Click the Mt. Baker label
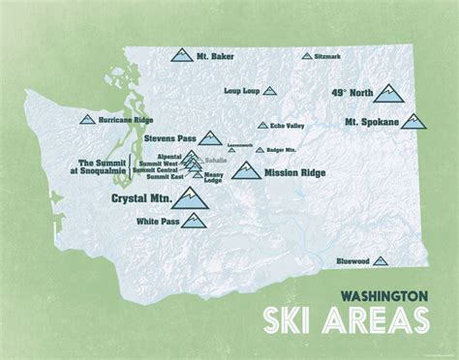[x=216, y=57]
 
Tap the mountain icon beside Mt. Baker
[x=182, y=56]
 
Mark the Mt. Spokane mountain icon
[x=414, y=122]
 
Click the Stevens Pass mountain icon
[x=209, y=138]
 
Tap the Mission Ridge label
[x=294, y=173]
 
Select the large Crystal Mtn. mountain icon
[x=189, y=198]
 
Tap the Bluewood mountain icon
[x=380, y=260]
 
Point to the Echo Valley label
[x=289, y=125]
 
